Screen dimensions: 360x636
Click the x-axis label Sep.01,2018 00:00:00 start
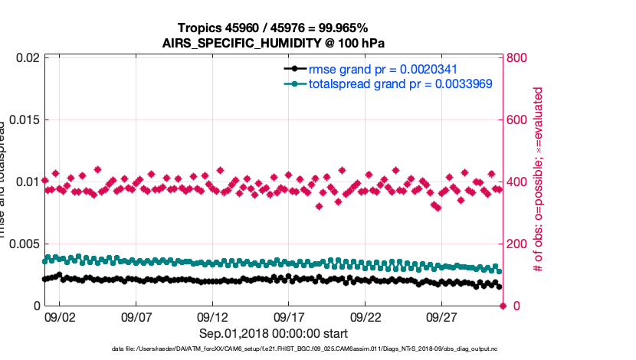pos(274,334)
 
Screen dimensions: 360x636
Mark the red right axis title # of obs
pos(539,180)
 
